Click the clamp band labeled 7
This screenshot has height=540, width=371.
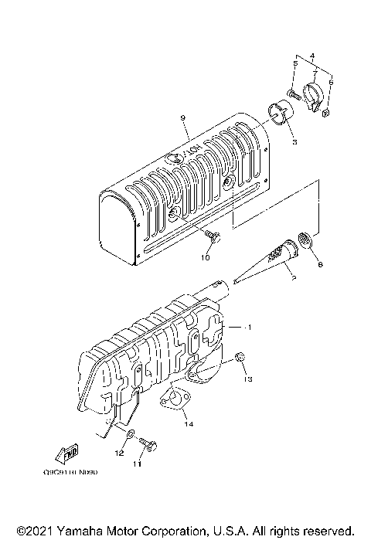(x=315, y=96)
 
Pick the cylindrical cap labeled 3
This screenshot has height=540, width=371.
(x=281, y=113)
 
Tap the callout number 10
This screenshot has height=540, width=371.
(x=206, y=257)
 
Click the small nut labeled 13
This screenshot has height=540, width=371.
(x=240, y=358)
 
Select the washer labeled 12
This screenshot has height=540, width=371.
(x=129, y=437)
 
